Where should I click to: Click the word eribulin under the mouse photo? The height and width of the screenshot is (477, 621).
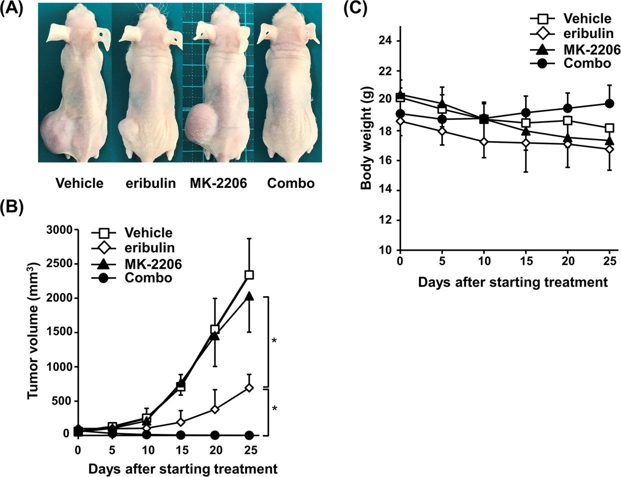coord(150,183)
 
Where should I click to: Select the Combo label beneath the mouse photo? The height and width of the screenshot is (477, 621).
coord(291,183)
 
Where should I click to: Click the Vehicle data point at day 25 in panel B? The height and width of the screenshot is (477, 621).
coord(248,275)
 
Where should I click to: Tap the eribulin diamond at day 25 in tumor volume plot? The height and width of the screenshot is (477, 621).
coord(248,388)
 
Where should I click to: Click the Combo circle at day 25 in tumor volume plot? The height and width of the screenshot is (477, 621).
coord(248,435)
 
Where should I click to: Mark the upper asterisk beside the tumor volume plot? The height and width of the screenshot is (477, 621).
coord(274,342)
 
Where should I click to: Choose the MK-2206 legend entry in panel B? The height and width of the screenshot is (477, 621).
coord(152,263)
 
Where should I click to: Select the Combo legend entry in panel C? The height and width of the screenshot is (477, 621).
coord(587,63)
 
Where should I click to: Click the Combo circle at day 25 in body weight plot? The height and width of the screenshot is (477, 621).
coord(609,103)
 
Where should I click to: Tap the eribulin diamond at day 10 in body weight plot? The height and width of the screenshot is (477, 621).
coord(483,142)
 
